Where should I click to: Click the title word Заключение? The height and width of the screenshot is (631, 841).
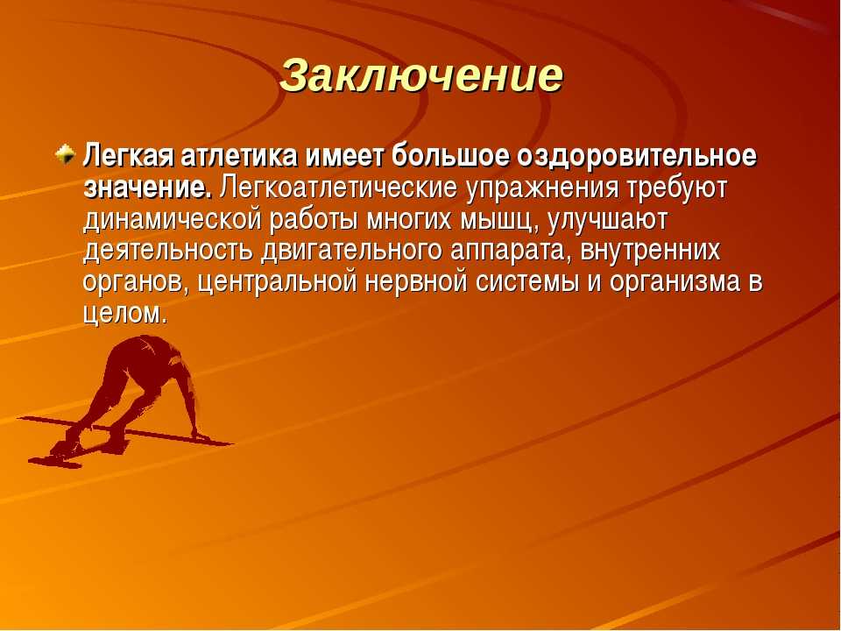click(421, 75)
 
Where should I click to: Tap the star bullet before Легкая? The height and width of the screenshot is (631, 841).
click(66, 153)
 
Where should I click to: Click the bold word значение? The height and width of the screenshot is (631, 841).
click(148, 188)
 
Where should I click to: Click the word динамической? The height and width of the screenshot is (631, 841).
click(173, 220)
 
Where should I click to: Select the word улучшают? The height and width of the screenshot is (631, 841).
click(606, 221)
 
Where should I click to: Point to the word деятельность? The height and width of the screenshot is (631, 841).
click(168, 251)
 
